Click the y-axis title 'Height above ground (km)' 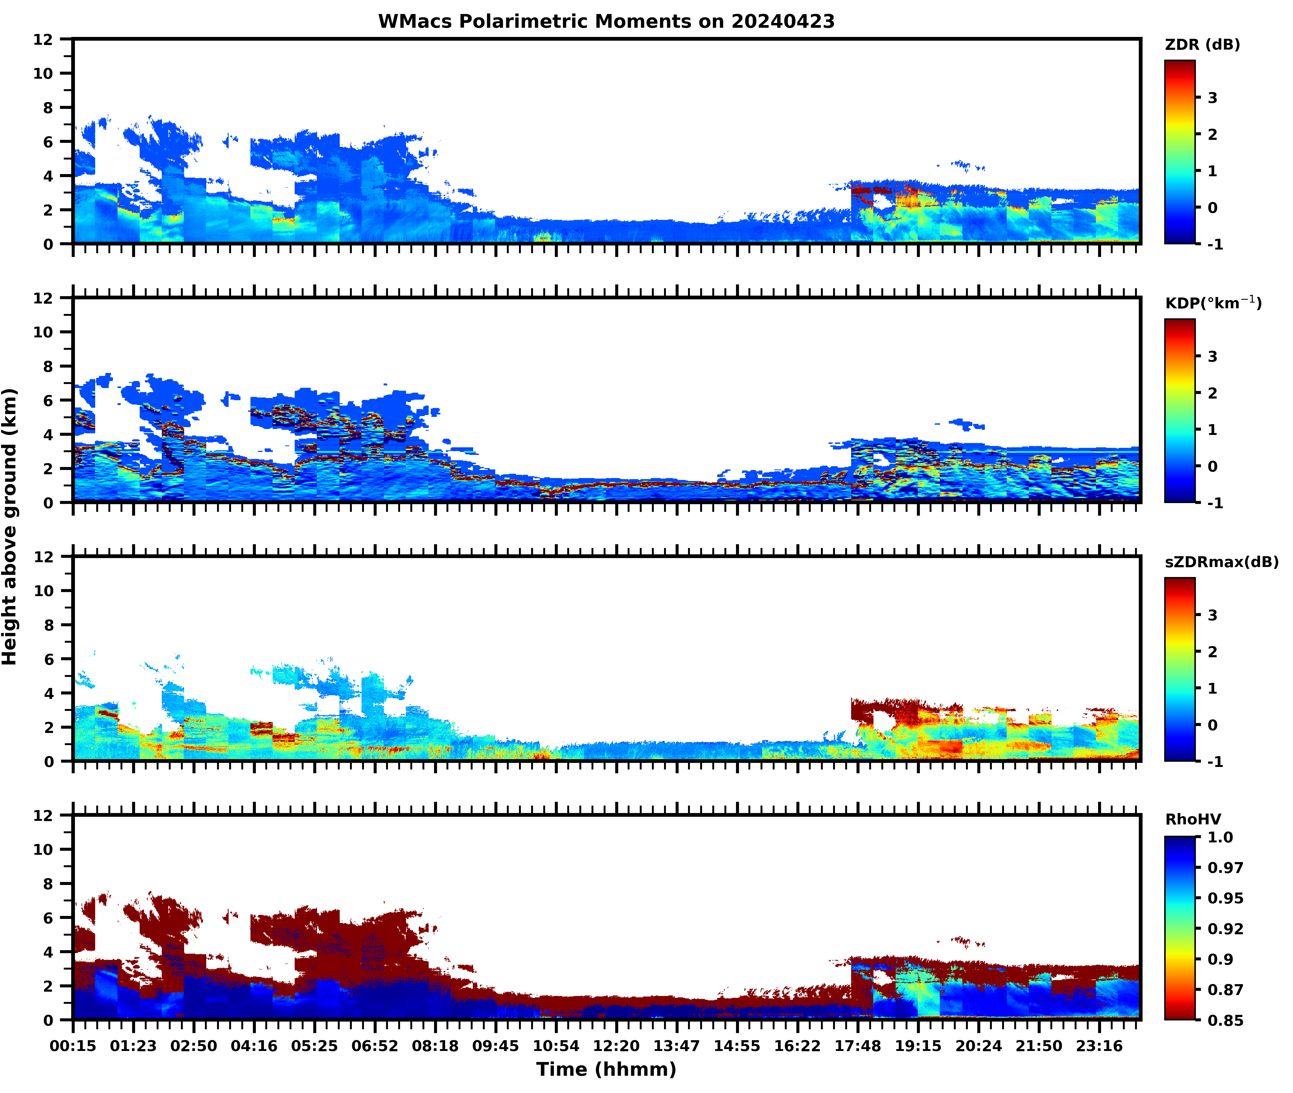(10, 527)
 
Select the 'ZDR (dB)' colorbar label (1202, 45)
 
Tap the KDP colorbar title (1212, 303)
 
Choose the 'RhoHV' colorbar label (1193, 819)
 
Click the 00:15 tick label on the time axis (73, 1046)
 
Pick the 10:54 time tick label (556, 1046)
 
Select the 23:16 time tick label (1099, 1046)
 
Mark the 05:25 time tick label (314, 1046)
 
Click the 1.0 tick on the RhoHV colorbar (1220, 837)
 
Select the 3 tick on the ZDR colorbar (1212, 98)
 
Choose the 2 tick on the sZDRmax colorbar (1212, 652)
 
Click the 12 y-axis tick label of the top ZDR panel (43, 40)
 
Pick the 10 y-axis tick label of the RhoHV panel (43, 849)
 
